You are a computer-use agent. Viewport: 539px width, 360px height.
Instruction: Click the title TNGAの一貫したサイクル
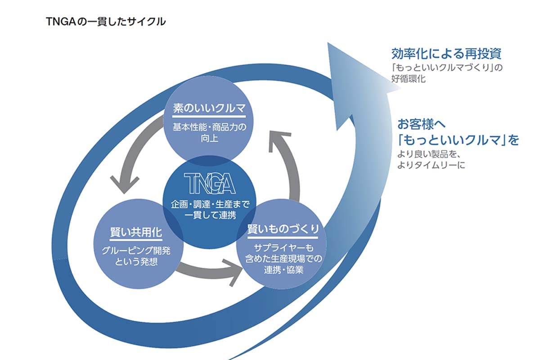[106, 21]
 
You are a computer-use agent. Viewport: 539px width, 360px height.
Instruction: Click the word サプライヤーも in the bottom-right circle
[283, 248]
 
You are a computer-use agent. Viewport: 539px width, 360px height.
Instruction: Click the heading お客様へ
[421, 123]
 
